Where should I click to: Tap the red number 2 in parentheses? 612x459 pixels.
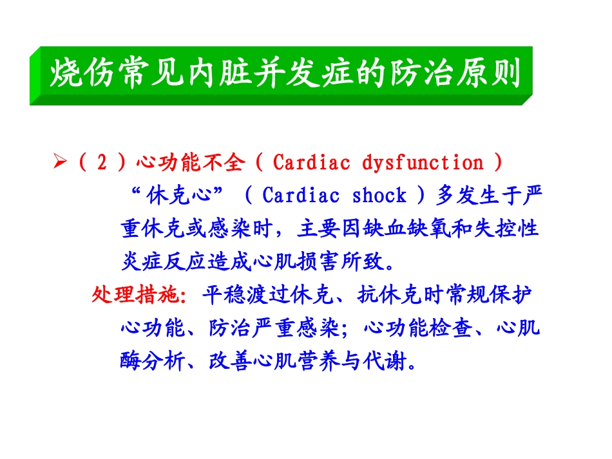click(x=101, y=163)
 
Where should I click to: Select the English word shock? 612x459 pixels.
click(x=379, y=195)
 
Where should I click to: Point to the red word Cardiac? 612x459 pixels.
click(x=312, y=163)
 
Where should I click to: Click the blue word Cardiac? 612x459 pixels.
click(x=301, y=195)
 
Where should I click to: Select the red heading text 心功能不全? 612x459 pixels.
click(x=191, y=163)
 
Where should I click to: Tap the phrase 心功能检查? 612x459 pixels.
click(x=420, y=329)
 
